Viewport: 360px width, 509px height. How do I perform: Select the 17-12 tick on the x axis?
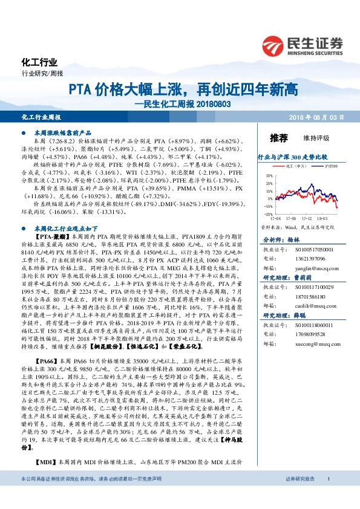(306, 219)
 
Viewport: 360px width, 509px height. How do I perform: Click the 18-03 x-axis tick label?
(321, 219)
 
